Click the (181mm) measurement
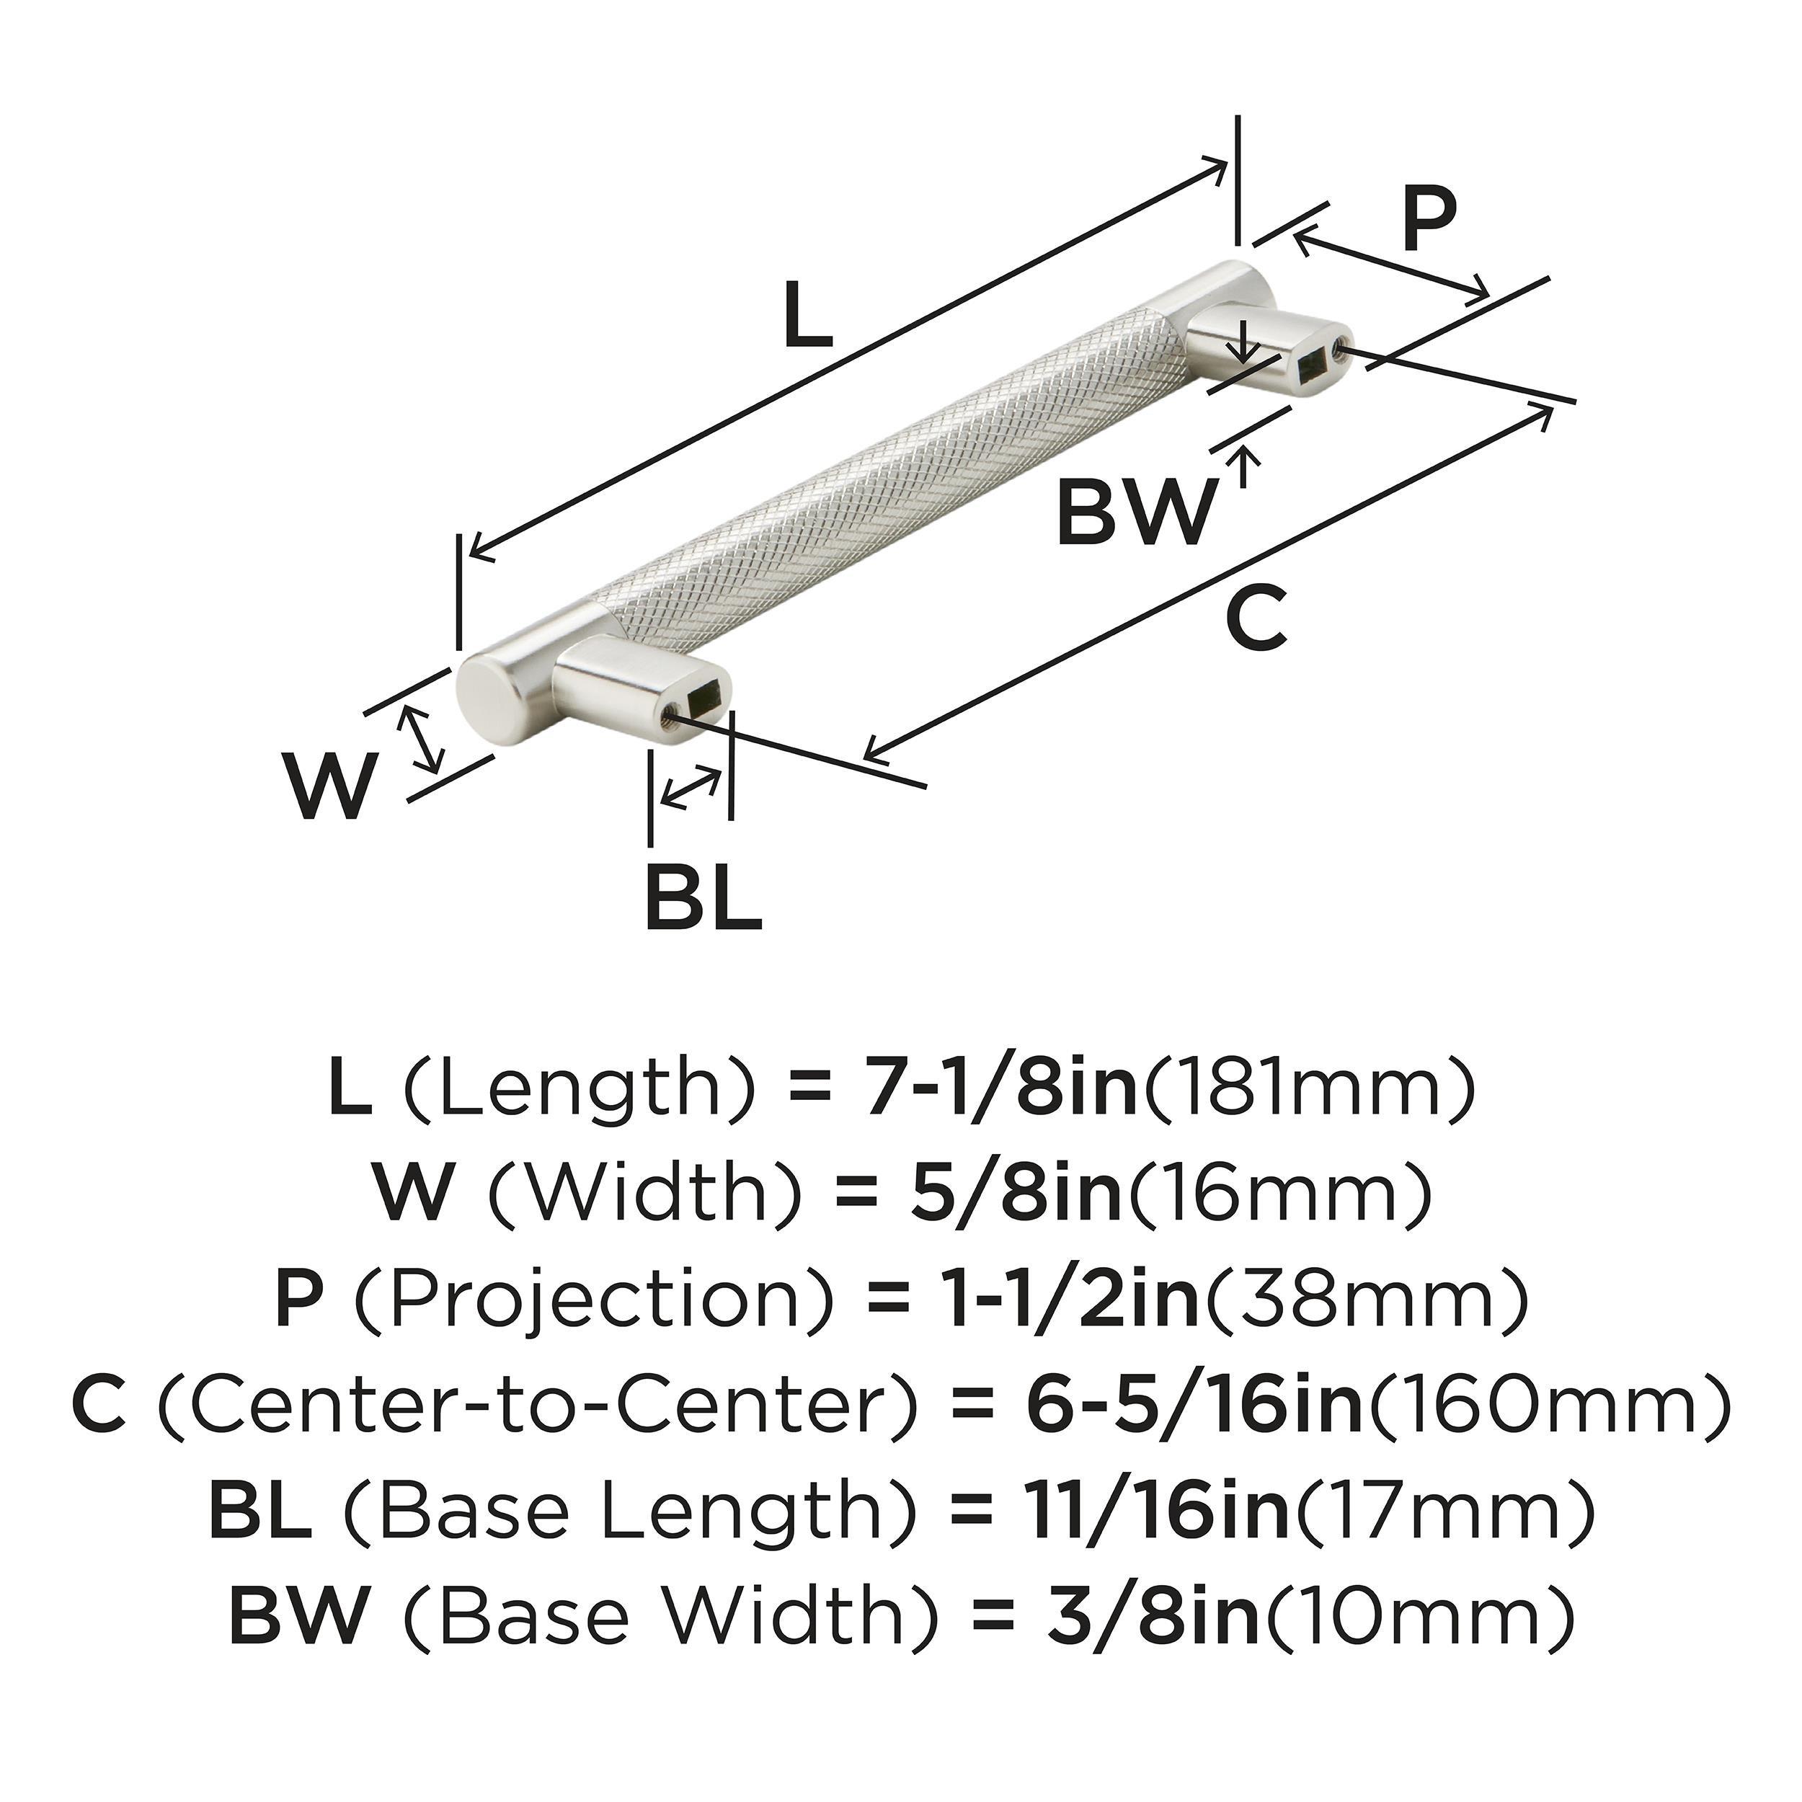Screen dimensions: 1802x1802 coord(1310,1088)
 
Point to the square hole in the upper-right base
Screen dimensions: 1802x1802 coord(1313,368)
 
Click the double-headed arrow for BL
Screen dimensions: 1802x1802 coord(691,787)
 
